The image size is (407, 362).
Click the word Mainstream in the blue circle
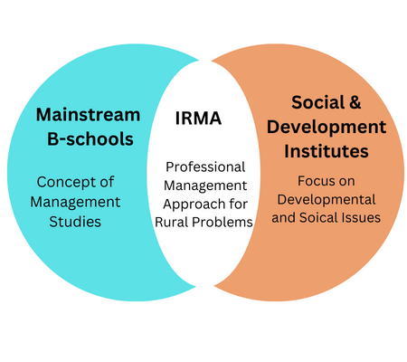(88, 115)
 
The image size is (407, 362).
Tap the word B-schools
(90, 138)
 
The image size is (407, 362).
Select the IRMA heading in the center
(198, 118)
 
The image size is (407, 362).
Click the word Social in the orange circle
(314, 102)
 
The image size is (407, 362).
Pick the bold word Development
(327, 127)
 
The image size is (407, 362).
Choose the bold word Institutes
(327, 151)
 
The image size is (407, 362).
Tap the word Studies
(75, 222)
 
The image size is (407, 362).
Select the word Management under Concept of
(75, 202)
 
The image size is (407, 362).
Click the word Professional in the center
(205, 167)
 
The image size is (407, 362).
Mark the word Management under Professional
(205, 186)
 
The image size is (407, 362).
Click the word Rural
(171, 223)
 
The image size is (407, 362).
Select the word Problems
(222, 223)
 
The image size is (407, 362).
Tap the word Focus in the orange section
(313, 181)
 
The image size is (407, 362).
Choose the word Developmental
(327, 200)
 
